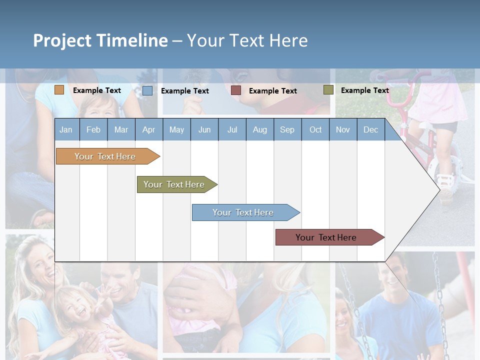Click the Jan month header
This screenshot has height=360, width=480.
[x=66, y=129]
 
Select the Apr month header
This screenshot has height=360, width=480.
[x=148, y=129]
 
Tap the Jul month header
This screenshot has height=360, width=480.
[x=232, y=129]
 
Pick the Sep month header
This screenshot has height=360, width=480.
[x=287, y=129]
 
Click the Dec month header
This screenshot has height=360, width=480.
[x=370, y=129]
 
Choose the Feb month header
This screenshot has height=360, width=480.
[x=93, y=129]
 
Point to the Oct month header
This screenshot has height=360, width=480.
[x=315, y=129]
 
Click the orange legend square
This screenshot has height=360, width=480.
[x=59, y=90]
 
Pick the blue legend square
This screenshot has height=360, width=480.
[x=147, y=90]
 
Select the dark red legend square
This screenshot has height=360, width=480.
[x=236, y=90]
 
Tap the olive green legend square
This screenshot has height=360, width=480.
[x=328, y=90]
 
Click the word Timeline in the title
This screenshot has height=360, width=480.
[x=132, y=40]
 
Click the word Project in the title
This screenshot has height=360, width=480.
[x=62, y=40]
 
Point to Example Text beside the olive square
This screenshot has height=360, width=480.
[x=364, y=90]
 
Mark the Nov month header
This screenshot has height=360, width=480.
[x=343, y=129]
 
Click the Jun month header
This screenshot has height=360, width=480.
[x=204, y=129]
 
